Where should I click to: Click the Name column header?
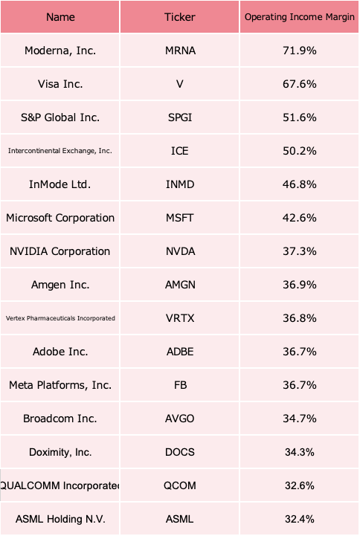60,17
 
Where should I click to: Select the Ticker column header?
179,17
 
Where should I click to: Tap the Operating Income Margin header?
300,17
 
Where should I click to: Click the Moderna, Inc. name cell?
60,51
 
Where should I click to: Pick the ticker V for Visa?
179,84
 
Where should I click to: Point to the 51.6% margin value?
300,117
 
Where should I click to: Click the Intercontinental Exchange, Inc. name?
60,151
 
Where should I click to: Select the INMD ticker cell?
180,184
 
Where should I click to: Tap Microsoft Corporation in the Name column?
60,218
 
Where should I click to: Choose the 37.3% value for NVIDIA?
300,251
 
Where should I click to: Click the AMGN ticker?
180,285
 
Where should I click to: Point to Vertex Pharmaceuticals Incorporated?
60,318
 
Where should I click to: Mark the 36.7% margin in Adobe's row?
300,352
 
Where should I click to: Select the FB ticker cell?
180,385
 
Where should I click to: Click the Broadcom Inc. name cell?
60,419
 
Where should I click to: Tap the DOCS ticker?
180,452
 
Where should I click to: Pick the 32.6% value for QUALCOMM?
300,485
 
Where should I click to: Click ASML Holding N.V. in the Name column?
60,519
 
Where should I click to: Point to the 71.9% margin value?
300,51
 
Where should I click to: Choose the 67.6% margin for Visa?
300,84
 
